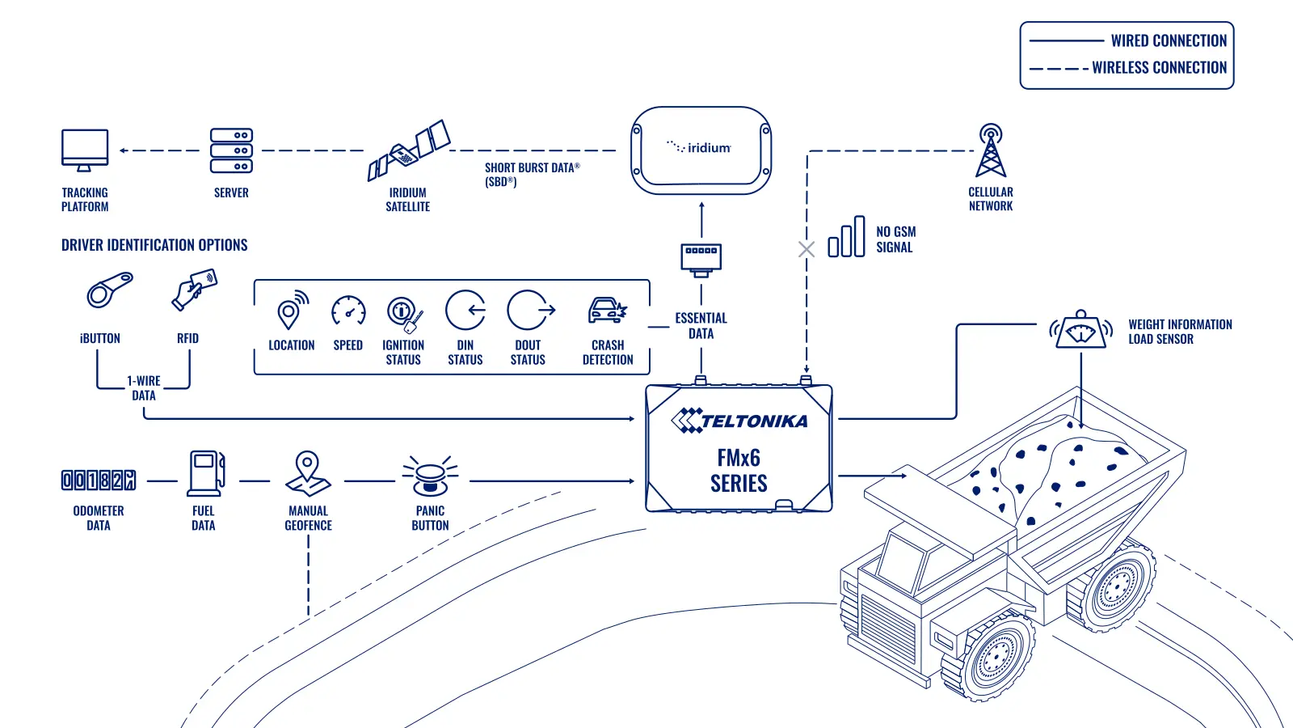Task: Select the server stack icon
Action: tap(231, 150)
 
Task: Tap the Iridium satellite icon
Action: tap(409, 150)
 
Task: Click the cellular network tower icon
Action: tap(991, 150)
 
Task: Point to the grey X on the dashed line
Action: tap(807, 250)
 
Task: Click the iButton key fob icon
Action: tap(110, 290)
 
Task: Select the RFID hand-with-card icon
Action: tap(195, 290)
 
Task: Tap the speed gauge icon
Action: tap(348, 311)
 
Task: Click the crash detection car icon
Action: tap(607, 311)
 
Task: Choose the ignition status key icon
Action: tap(405, 315)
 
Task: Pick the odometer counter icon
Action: tap(99, 480)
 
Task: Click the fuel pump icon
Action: tap(205, 474)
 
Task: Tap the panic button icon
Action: tap(430, 476)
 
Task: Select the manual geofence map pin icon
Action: tap(308, 474)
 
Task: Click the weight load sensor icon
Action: tap(1080, 330)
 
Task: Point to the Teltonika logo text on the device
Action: tap(739, 421)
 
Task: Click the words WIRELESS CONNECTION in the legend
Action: tap(1159, 68)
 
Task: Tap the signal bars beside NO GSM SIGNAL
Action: tap(846, 236)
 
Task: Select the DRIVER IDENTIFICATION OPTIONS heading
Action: tap(154, 245)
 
